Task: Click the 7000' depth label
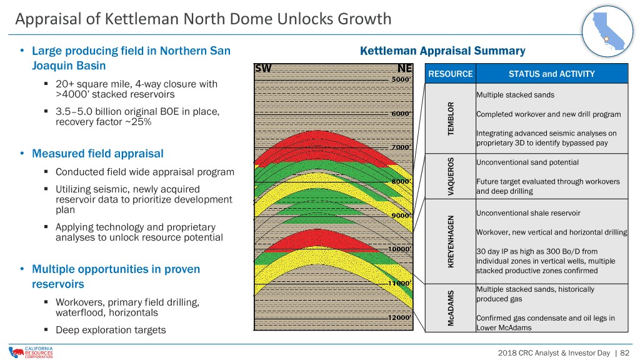point(401,147)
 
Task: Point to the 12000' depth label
point(399,317)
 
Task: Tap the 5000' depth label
point(401,79)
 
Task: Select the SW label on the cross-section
point(263,68)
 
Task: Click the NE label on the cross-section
point(405,68)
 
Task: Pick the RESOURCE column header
point(450,74)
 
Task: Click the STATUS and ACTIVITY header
point(551,74)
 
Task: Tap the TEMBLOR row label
point(451,118)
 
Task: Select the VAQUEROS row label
point(451,176)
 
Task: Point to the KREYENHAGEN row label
point(451,241)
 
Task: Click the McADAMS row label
point(451,308)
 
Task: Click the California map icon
point(607,31)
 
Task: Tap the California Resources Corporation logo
point(31,352)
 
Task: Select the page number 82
point(624,352)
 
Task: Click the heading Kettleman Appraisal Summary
point(442,51)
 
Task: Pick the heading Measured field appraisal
point(97,154)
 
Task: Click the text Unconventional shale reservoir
point(528,213)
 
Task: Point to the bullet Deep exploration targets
point(111,330)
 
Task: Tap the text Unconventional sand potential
point(527,162)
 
